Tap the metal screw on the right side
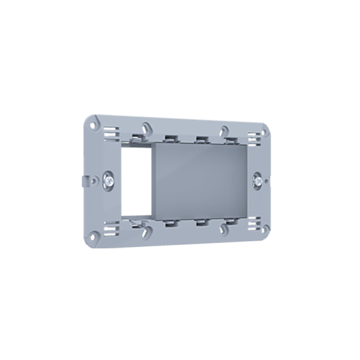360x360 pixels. pyautogui.click(x=257, y=178)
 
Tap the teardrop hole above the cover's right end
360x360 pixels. pyautogui.click(x=223, y=130)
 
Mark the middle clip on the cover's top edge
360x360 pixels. pyautogui.click(x=199, y=139)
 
